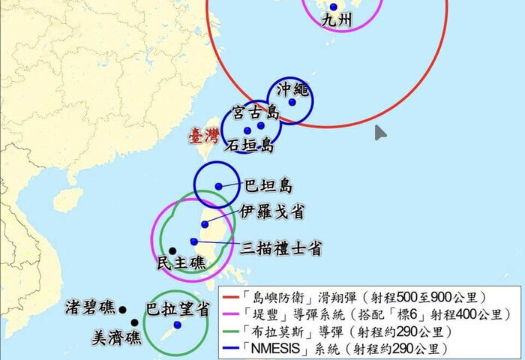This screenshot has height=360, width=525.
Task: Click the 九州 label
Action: pos(335,20)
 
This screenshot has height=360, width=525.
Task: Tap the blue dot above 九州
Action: pos(334,7)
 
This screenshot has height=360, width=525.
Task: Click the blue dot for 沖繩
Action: pos(292,103)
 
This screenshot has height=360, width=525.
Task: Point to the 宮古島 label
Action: pos(256,113)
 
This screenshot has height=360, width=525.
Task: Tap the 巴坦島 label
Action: pos(268,186)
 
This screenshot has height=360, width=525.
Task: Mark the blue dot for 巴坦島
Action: pos(218,186)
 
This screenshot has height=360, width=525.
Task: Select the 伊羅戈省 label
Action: pos(272,212)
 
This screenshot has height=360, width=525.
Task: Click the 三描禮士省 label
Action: pos(281,247)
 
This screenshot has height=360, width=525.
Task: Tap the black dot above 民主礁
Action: pos(172,251)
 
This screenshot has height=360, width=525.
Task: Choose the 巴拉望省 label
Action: pos(176,308)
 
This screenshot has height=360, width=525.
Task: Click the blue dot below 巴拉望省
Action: pos(177,325)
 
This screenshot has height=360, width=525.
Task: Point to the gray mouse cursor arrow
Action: pos(381,133)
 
